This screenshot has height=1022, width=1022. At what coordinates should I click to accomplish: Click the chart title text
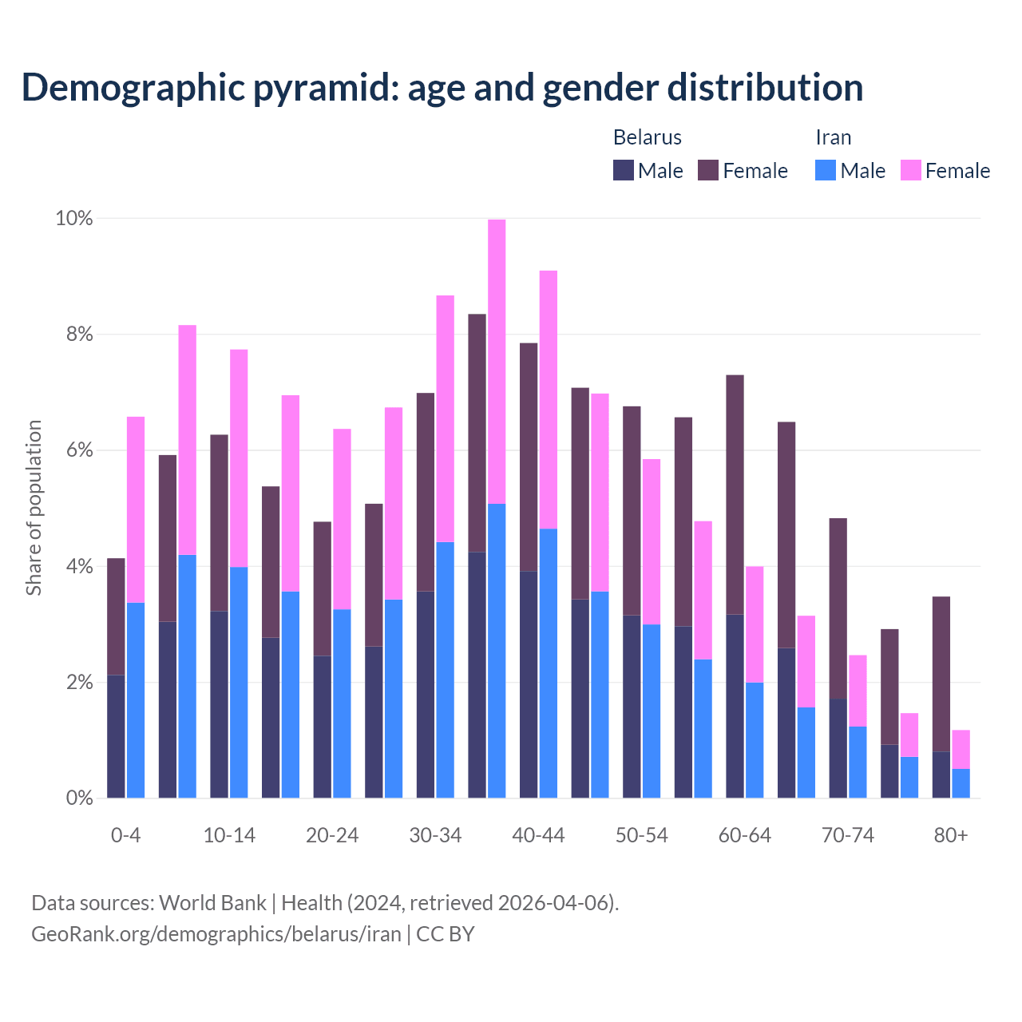click(x=442, y=88)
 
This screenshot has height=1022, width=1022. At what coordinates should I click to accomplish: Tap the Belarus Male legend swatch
click(x=624, y=170)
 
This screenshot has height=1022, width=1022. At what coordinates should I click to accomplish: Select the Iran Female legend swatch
click(x=911, y=170)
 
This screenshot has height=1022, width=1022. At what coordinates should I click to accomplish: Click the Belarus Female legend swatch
click(x=708, y=170)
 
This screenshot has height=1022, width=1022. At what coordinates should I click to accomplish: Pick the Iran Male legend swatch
click(x=826, y=170)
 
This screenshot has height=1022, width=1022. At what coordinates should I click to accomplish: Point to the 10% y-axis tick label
click(x=74, y=218)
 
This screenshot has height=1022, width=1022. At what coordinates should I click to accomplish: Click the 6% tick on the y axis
click(x=79, y=450)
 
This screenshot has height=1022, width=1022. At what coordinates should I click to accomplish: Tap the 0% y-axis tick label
click(x=79, y=798)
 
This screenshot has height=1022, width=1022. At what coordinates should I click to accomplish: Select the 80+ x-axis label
click(x=951, y=836)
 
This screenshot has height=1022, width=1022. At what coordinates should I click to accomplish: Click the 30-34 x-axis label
click(x=435, y=836)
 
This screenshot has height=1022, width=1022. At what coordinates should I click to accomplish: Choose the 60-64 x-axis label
click(x=745, y=836)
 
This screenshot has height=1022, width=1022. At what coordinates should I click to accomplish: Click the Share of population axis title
click(x=34, y=508)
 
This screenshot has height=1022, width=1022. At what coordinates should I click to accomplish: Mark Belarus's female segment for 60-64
click(x=735, y=494)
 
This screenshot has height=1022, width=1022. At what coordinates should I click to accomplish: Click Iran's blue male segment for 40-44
click(x=549, y=663)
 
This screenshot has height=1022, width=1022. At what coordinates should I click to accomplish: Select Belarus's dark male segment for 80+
click(x=941, y=774)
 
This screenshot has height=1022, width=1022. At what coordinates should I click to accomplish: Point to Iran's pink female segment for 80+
click(x=961, y=749)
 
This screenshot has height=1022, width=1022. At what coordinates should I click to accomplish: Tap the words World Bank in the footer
click(x=212, y=903)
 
